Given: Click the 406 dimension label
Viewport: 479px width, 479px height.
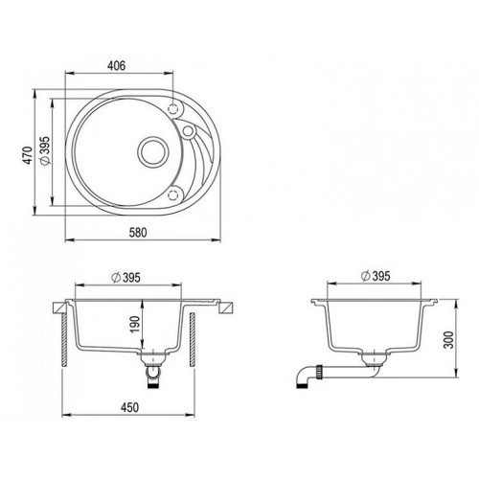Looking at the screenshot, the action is click(x=116, y=66).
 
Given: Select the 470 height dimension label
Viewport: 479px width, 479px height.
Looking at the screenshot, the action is click(x=28, y=155).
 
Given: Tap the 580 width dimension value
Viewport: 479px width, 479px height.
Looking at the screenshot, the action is click(x=138, y=232).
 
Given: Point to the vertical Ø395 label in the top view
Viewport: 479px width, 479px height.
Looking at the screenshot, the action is click(x=46, y=150).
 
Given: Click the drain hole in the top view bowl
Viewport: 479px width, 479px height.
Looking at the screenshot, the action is click(x=152, y=151).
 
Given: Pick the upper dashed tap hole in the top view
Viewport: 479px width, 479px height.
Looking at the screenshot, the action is click(x=172, y=109).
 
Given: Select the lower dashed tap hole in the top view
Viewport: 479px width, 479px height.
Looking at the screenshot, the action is click(x=172, y=194).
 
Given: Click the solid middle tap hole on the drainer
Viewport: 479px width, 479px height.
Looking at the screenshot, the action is click(x=189, y=130).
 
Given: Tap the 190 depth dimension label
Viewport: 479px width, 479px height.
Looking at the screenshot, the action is click(x=135, y=324).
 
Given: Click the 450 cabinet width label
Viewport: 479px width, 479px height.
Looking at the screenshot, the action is click(x=129, y=407).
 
